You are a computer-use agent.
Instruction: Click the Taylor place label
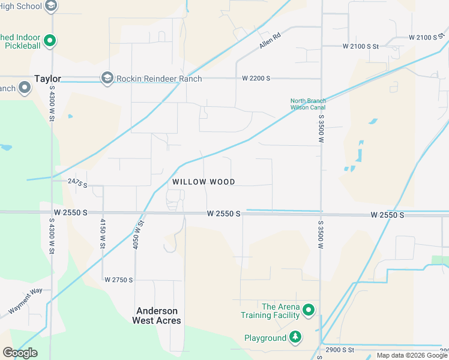click(x=48, y=79)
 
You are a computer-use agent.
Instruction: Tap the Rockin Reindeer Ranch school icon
click(x=107, y=78)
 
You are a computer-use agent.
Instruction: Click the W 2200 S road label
click(x=256, y=79)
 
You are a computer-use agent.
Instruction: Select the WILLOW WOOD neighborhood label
click(x=203, y=182)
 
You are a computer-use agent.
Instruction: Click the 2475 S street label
click(x=77, y=183)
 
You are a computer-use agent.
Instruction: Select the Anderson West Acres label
click(x=157, y=316)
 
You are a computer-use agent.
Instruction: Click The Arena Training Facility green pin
click(x=309, y=310)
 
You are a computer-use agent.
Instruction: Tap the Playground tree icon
click(x=295, y=338)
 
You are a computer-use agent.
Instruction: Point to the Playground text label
click(x=265, y=338)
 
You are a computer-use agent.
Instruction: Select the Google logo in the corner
click(x=20, y=353)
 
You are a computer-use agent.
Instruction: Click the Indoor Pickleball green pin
click(x=50, y=41)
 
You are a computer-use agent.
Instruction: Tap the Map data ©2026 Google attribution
click(x=412, y=355)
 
